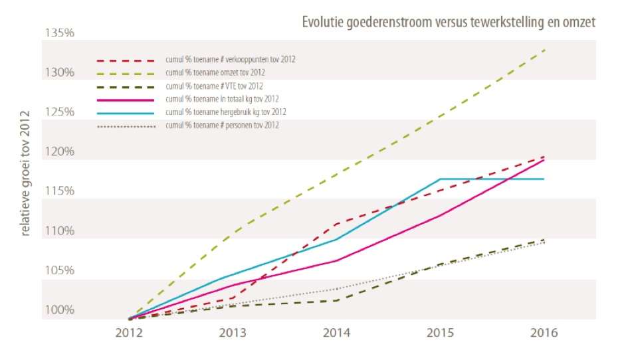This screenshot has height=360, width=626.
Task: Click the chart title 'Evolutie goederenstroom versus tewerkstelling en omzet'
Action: pos(449,21)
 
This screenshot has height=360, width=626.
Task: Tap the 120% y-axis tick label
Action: pos(60,152)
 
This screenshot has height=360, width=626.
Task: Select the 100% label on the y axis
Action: pos(60,310)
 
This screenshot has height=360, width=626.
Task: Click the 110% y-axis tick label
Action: pos(60,231)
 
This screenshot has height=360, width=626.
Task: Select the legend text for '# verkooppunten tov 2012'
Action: pos(230,59)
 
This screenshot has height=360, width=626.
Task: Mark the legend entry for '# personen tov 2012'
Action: pos(222,125)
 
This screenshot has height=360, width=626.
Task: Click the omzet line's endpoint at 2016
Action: pos(545,50)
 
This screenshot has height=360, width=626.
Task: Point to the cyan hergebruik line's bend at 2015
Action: pos(440,179)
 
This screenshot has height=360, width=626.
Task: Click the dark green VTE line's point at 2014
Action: pos(338,300)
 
